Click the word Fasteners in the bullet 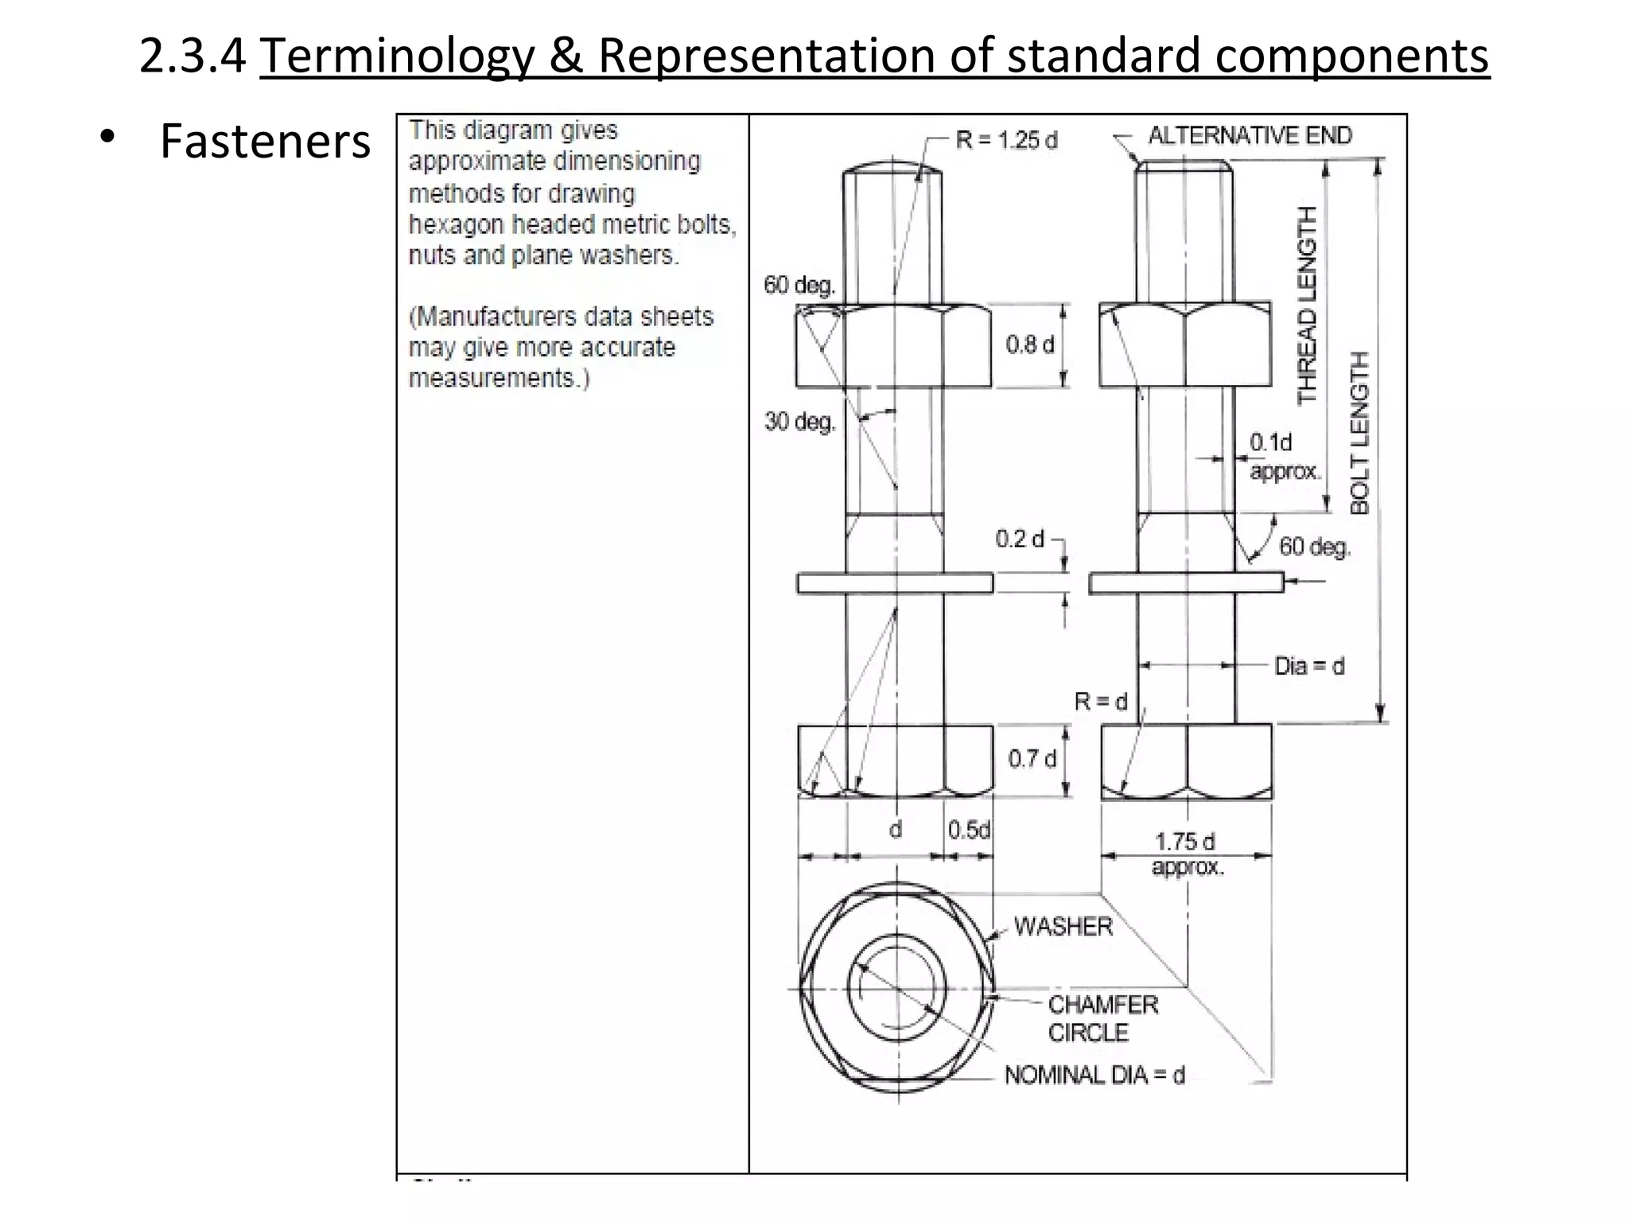point(265,142)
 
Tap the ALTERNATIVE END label point(1249,136)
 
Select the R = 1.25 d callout point(1006,141)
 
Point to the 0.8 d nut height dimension point(1029,344)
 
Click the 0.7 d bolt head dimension point(1032,759)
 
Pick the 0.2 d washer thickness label point(1019,539)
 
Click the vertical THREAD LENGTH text point(1307,305)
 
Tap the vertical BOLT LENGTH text point(1360,433)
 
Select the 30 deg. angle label point(799,422)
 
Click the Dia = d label point(1309,666)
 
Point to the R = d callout point(1101,702)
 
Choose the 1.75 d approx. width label point(1185,853)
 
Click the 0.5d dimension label point(969,831)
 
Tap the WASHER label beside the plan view point(1063,927)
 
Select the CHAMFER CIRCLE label point(1102,1018)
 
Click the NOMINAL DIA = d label point(1094,1076)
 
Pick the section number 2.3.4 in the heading point(192,56)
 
